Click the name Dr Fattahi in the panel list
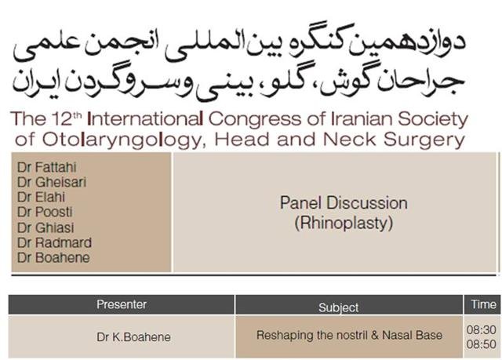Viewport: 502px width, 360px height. (47, 167)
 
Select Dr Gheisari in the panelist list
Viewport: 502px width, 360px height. (52, 182)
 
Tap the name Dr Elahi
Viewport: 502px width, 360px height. (42, 197)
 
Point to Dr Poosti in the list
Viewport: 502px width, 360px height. (45, 212)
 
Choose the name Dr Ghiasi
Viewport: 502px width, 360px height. (45, 227)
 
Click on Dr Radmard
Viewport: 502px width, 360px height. (54, 242)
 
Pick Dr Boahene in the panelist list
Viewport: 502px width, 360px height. (53, 257)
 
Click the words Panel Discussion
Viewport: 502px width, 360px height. (344, 203)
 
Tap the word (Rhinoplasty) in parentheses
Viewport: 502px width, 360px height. (344, 223)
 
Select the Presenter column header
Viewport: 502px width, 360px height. (122, 304)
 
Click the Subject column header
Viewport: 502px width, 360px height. (338, 307)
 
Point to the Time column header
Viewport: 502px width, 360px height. (483, 304)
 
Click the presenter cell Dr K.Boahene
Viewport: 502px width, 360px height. (133, 337)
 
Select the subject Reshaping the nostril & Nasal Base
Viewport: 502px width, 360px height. (350, 336)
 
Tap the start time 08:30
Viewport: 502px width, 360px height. (481, 329)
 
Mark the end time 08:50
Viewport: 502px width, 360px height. (481, 344)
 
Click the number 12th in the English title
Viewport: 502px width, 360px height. (66, 118)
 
